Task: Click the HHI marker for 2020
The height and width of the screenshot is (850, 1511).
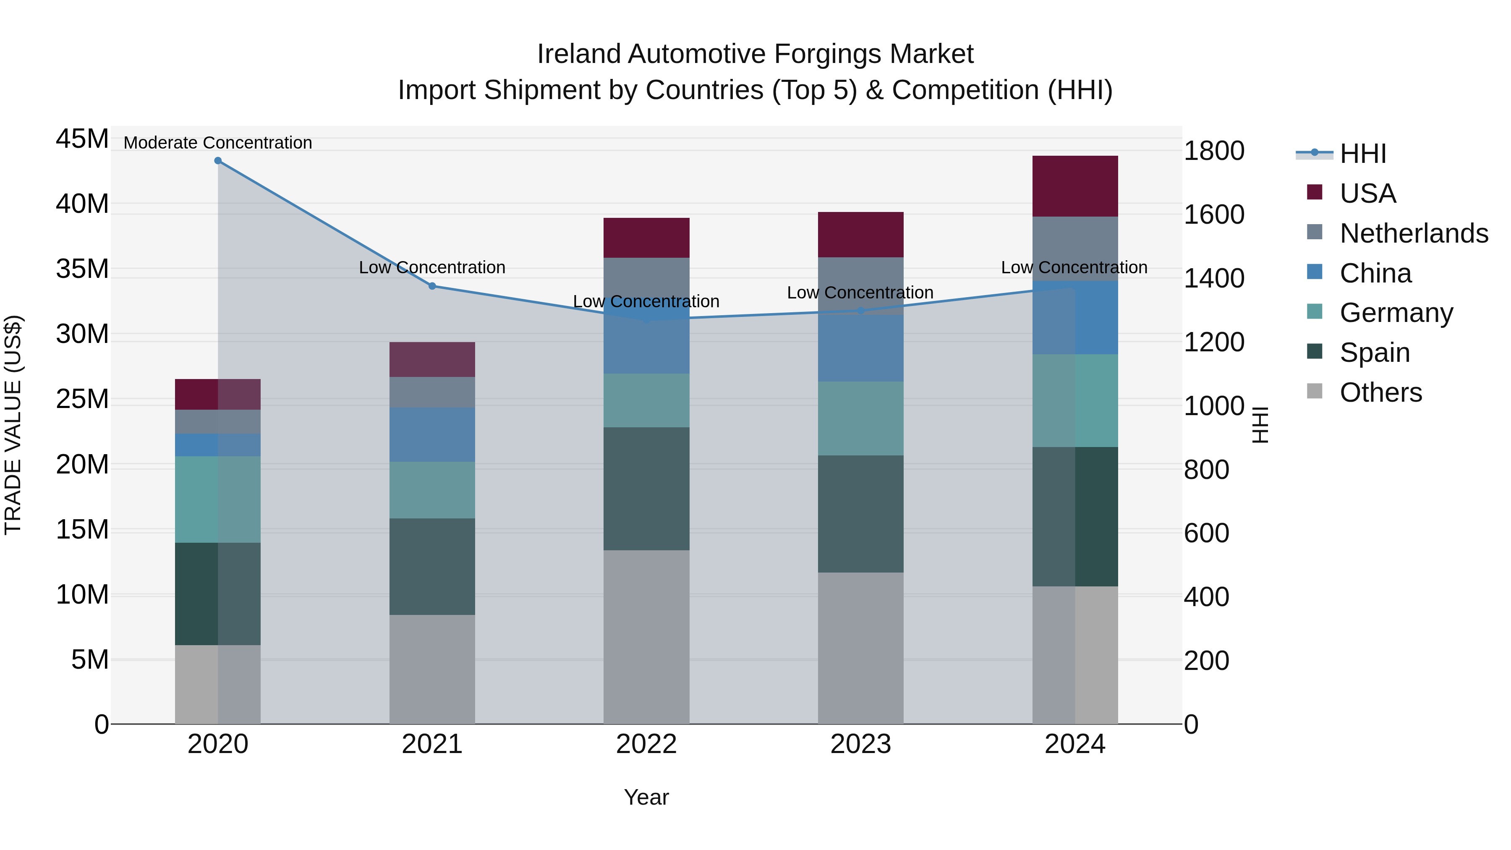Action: pos(217,161)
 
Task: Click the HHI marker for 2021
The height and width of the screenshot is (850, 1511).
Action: pos(432,286)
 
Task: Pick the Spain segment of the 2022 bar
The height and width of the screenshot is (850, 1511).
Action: pos(646,489)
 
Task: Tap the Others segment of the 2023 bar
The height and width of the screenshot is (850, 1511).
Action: pos(860,648)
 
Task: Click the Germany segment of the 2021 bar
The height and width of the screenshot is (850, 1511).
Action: pos(432,490)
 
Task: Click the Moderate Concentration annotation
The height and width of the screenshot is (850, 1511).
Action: pos(217,143)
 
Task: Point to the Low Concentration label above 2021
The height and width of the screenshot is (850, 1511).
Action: pos(432,267)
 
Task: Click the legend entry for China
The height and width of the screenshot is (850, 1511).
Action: pos(1375,273)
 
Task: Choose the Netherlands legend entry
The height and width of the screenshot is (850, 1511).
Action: pos(1414,233)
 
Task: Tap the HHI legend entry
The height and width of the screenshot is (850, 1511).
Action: pos(1362,154)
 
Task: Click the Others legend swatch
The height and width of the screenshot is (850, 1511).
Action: pos(1315,391)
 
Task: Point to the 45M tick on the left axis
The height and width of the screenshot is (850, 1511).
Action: pos(82,140)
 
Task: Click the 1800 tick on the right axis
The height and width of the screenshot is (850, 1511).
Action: pos(1213,151)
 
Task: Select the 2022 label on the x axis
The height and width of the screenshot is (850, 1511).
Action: pos(646,744)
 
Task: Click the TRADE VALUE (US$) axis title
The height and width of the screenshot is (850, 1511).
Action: pos(13,425)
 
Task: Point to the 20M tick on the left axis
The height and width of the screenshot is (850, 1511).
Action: pos(82,465)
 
